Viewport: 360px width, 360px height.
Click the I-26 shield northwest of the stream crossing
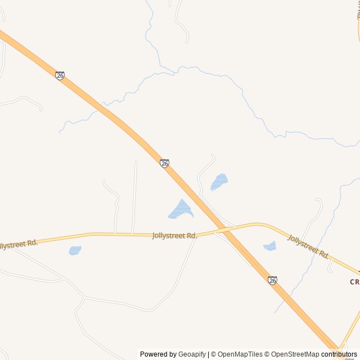tap(60, 75)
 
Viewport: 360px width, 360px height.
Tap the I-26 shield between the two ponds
tap(164, 163)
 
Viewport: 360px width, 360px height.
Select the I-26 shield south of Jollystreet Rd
tap(272, 280)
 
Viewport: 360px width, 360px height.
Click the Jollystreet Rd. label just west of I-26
tap(175, 236)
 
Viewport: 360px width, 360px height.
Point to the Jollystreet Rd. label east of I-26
tap(308, 246)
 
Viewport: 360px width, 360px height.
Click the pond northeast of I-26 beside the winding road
tap(219, 182)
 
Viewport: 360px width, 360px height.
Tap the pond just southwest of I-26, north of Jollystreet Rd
tap(181, 210)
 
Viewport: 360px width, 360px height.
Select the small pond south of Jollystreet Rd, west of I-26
tap(75, 250)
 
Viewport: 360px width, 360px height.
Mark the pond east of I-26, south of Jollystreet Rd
tap(270, 246)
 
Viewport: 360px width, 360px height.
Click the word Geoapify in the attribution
tap(192, 354)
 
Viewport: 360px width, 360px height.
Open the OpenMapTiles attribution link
tap(240, 354)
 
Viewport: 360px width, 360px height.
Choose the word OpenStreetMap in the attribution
tap(295, 354)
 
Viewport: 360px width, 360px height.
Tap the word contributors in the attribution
tap(339, 354)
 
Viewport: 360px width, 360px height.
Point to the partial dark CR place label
tap(354, 282)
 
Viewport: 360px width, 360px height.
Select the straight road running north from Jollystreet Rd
tap(134, 197)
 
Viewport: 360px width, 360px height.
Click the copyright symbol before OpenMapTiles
tap(214, 354)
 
